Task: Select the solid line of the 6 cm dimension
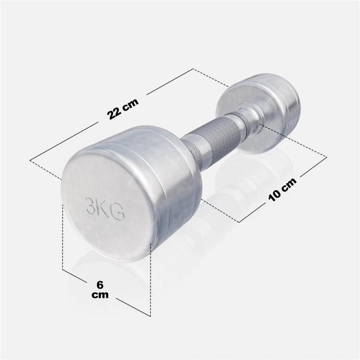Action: click(x=129, y=305)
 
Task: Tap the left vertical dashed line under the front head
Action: click(x=63, y=238)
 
